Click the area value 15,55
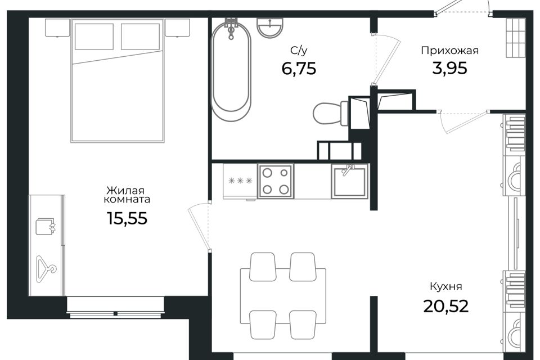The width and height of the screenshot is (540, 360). (x=127, y=218)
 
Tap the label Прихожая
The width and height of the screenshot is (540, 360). (x=450, y=51)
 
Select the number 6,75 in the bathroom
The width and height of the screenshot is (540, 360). (x=299, y=69)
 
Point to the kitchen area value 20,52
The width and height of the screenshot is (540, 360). (x=445, y=306)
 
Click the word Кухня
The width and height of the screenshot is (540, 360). (x=446, y=287)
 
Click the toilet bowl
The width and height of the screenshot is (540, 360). (x=331, y=113)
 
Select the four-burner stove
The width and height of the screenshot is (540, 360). (x=276, y=181)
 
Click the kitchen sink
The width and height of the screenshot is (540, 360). (x=349, y=181)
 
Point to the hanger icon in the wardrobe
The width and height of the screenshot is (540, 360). (x=46, y=269)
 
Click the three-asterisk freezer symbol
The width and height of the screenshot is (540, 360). (x=240, y=181)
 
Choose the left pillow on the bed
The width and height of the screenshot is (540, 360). (x=94, y=37)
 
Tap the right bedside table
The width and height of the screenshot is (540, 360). (x=177, y=28)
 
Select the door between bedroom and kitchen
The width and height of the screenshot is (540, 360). (x=200, y=226)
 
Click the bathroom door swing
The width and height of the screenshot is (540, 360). (x=386, y=58)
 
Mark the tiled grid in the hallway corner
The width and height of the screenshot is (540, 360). (x=515, y=38)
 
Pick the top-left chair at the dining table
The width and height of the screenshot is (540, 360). (x=263, y=267)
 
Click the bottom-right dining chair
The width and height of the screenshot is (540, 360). (x=303, y=325)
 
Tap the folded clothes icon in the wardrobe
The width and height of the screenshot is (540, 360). (x=46, y=226)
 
